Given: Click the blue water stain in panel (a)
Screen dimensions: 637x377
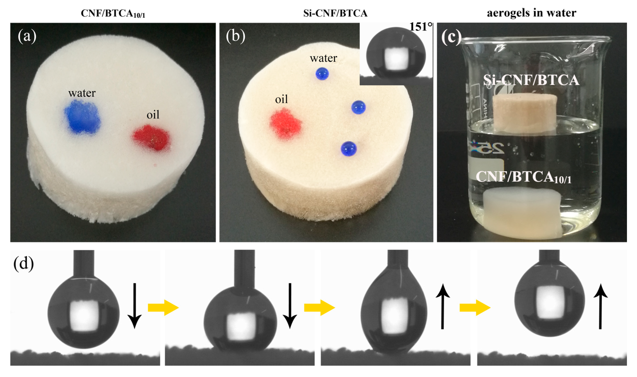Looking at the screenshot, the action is [82, 117].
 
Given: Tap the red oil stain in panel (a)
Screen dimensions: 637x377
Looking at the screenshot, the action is [152, 138].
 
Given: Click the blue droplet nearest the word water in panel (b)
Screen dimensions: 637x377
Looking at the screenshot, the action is [322, 74].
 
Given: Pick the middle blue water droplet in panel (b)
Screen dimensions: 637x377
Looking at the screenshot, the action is [358, 107].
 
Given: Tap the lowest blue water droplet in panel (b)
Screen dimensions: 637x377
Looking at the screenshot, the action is [348, 149].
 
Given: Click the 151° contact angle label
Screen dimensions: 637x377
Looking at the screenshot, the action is [421, 27].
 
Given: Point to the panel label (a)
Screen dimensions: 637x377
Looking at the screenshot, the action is [27, 36].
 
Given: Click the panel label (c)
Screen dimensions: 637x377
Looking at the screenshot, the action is [451, 38].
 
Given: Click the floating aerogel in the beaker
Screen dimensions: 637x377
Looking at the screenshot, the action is [525, 114].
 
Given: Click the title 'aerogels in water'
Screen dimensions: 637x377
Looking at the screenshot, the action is [531, 13].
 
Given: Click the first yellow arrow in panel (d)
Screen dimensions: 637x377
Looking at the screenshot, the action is [163, 308].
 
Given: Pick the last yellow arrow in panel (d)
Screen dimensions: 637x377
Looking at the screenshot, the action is [475, 308].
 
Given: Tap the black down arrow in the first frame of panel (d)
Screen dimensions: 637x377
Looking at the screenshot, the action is [134, 306].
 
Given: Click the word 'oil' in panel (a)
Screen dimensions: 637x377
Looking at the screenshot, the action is [153, 115].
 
